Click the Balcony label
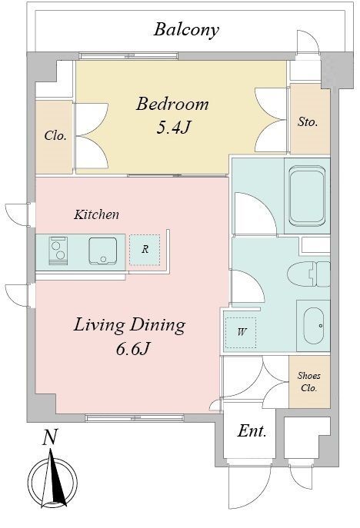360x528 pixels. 186,30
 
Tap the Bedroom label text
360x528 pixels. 172,104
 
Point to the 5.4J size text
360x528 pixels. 174,128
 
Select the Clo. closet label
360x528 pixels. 55,136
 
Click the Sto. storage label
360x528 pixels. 308,121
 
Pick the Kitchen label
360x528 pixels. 96,214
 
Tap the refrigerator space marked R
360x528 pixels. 145,250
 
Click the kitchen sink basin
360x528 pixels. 103,251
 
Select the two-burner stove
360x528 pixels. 58,251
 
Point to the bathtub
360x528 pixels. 307,196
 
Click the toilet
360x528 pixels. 308,274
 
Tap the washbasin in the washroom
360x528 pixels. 314,326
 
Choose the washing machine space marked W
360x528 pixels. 241,332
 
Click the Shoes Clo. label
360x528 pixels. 308,382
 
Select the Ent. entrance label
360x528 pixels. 252,430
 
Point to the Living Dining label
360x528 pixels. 129,326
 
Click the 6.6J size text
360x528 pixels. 132,350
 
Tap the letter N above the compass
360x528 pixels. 49,437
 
